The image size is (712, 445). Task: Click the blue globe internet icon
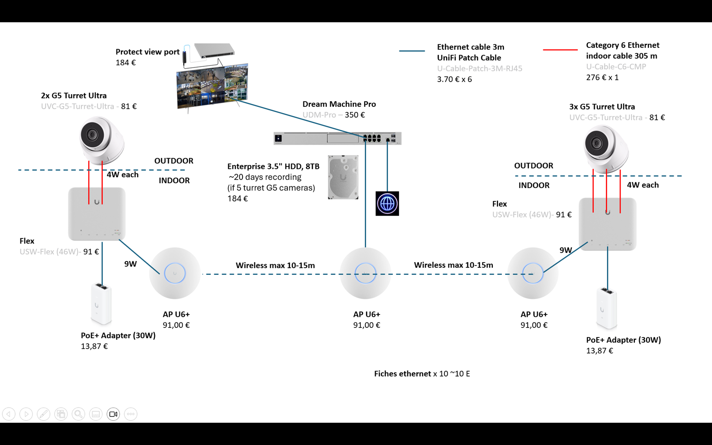pyautogui.click(x=387, y=204)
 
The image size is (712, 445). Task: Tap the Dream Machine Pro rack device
pyautogui.click(x=337, y=138)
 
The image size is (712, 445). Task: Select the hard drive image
pyautogui.click(x=343, y=177)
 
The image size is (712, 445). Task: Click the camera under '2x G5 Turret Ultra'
pyautogui.click(x=100, y=139)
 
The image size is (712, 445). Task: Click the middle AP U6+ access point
pyautogui.click(x=365, y=273)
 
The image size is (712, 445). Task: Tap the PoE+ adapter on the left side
pyautogui.click(x=101, y=303)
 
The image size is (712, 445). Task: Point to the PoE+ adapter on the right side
pyautogui.click(x=606, y=308)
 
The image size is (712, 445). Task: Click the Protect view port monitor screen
pyautogui.click(x=212, y=85)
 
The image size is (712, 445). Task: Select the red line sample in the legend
pyautogui.click(x=560, y=50)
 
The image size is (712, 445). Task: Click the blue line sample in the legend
pyautogui.click(x=412, y=51)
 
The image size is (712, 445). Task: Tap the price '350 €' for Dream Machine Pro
pyautogui.click(x=355, y=115)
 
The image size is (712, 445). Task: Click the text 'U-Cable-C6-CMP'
pyautogui.click(x=616, y=67)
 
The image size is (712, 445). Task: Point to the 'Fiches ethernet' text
pyautogui.click(x=402, y=374)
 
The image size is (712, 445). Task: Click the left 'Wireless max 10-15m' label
pyautogui.click(x=275, y=265)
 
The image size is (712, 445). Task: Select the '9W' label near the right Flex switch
pyautogui.click(x=566, y=250)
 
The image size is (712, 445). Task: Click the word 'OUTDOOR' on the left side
pyautogui.click(x=174, y=161)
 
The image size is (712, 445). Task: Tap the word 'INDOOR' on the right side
pyautogui.click(x=534, y=186)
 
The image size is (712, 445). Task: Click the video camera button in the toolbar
pyautogui.click(x=113, y=414)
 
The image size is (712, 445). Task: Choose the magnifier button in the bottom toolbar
pyautogui.click(x=78, y=414)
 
